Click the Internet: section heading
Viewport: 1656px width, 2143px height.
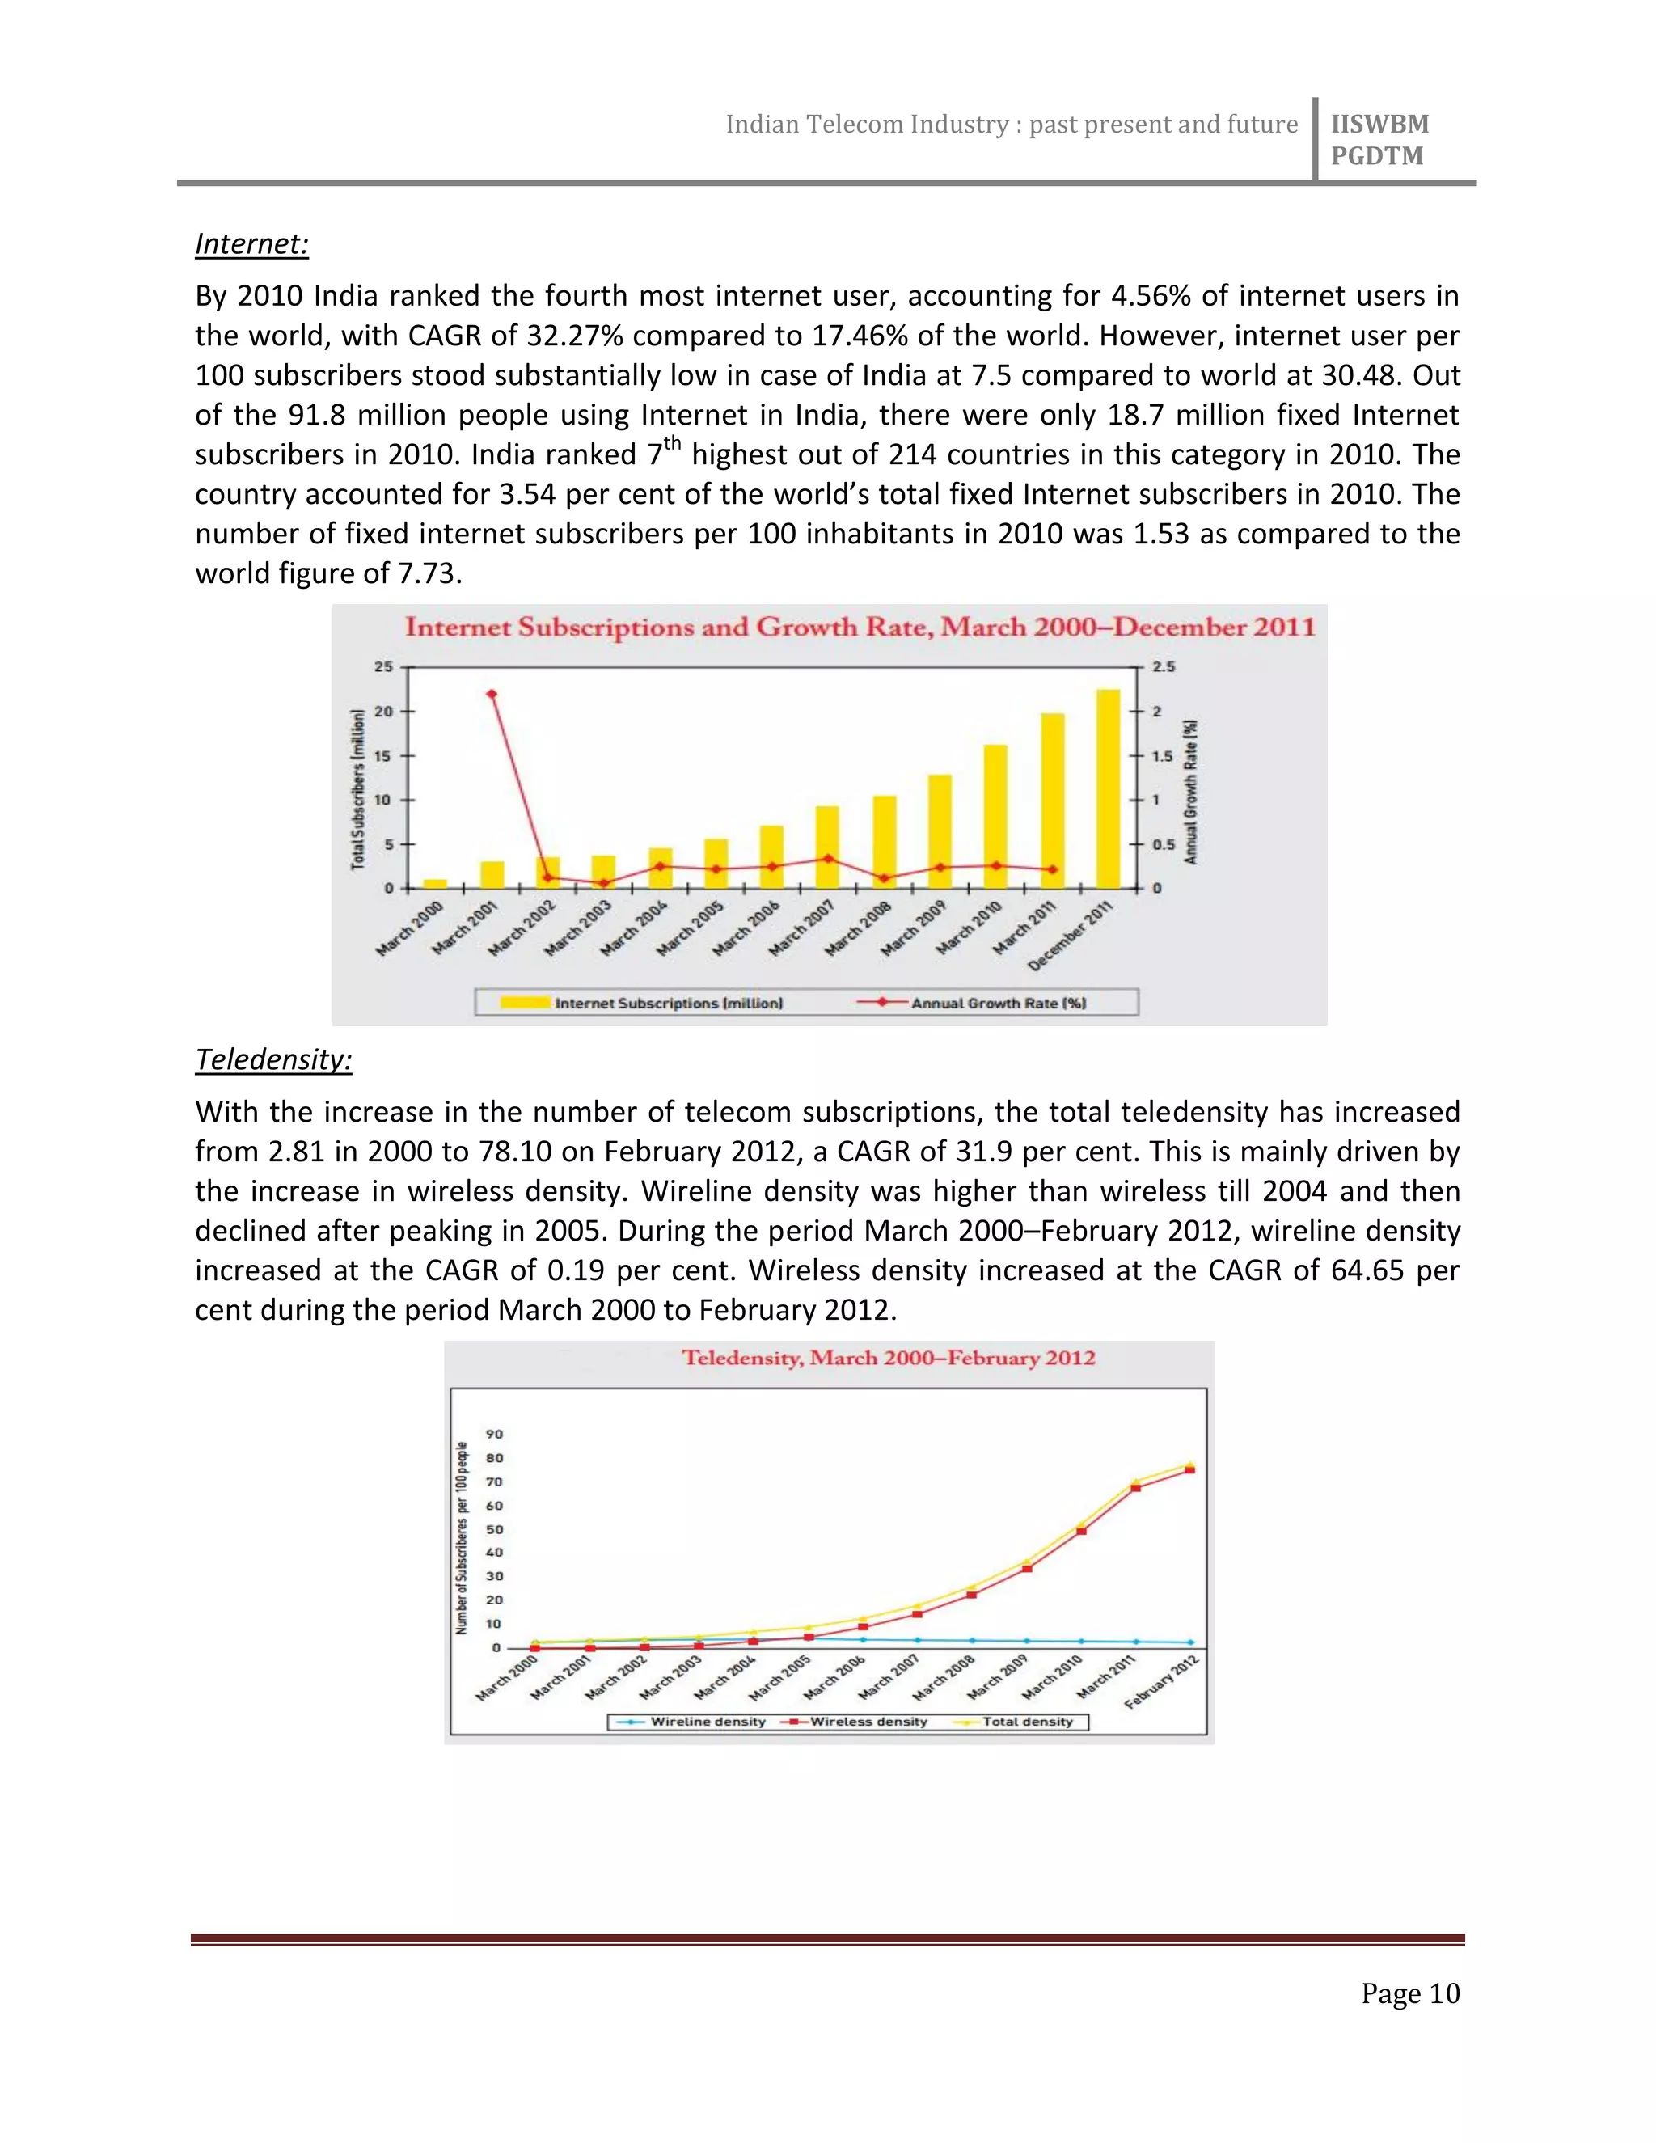pos(252,243)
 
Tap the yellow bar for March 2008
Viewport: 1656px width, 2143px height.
pos(884,841)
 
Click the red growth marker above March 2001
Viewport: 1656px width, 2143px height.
pos(492,694)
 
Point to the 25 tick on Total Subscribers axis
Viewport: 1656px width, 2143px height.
pos(382,666)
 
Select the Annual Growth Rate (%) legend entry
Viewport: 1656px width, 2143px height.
pos(998,1003)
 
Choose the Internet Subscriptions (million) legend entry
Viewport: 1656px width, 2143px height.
pos(668,1003)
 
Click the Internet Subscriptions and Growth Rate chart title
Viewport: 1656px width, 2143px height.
pos(860,627)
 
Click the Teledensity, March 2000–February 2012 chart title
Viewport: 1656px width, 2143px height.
pos(888,1358)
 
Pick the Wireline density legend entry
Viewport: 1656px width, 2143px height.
pos(708,1721)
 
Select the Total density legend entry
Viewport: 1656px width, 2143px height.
pos(1027,1721)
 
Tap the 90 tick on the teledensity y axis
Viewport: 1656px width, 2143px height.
pos(494,1434)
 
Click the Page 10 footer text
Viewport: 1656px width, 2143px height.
pos(1409,1994)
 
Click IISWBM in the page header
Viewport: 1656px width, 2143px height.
pos(1379,124)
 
